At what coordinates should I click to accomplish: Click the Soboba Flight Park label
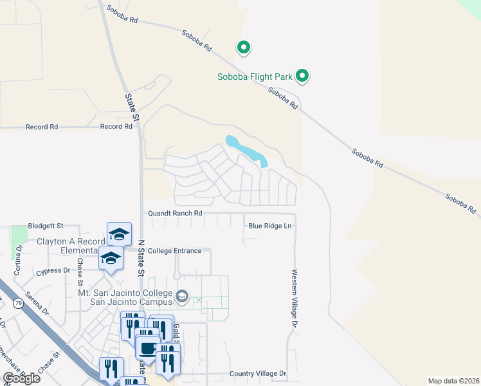pyautogui.click(x=255, y=77)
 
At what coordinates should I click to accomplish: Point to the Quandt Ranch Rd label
pyautogui.click(x=175, y=213)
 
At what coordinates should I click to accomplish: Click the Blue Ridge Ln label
pyautogui.click(x=270, y=226)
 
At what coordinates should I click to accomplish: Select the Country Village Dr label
pyautogui.click(x=258, y=374)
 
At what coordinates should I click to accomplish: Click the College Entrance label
pyautogui.click(x=174, y=251)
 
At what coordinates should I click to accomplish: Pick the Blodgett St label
pyautogui.click(x=46, y=226)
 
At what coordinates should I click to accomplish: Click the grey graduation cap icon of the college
pyautogui.click(x=182, y=297)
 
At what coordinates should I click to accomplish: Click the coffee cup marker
pyautogui.click(x=147, y=348)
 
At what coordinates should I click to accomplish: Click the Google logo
pyautogui.click(x=22, y=378)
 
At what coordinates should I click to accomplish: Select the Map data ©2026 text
pyautogui.click(x=453, y=381)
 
